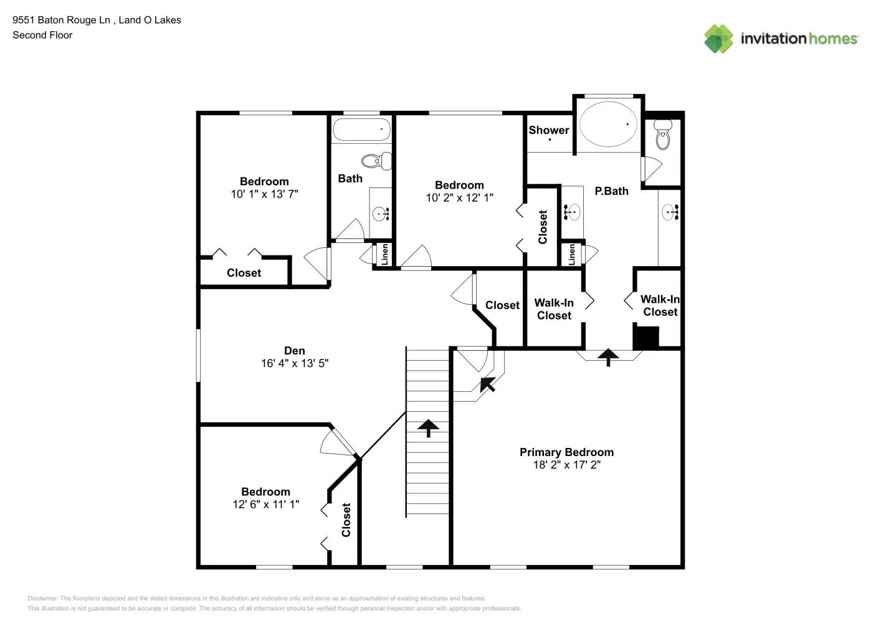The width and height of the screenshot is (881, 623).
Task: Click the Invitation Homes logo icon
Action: (718, 39)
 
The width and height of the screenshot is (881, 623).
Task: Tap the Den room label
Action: (294, 351)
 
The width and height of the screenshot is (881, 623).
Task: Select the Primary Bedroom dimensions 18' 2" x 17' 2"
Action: (566, 465)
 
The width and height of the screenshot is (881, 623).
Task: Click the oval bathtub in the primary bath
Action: (608, 124)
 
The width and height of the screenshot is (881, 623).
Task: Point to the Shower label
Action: (548, 130)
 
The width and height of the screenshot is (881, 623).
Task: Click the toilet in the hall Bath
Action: (376, 161)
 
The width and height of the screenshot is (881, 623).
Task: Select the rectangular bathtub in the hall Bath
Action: (361, 130)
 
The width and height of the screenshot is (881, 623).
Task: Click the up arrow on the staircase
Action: (428, 428)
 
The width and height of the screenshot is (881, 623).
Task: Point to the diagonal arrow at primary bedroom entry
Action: (487, 384)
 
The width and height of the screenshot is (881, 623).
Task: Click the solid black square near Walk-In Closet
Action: (645, 337)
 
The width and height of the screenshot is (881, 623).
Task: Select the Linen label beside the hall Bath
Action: (384, 254)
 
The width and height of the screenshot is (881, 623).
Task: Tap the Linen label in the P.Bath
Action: (571, 255)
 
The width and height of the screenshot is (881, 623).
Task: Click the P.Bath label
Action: (611, 191)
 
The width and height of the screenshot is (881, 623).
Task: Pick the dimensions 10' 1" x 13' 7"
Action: (264, 194)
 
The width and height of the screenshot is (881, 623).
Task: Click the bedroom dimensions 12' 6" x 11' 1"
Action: (265, 505)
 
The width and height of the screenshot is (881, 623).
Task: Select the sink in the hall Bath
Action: (381, 214)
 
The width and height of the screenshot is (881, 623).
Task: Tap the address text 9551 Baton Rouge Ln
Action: (61, 20)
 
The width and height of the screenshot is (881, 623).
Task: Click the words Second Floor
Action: (42, 35)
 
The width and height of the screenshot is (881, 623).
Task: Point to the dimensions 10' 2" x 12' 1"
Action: (459, 198)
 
